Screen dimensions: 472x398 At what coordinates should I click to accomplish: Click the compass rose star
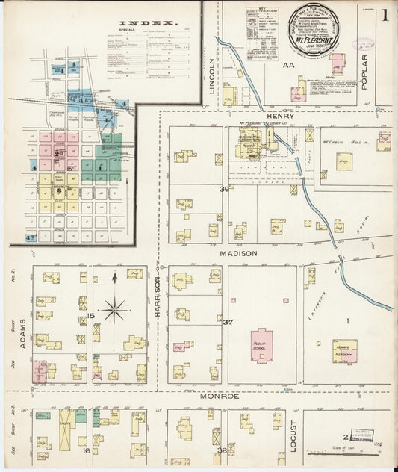[x=114, y=308]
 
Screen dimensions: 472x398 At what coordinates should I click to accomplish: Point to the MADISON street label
[x=238, y=253]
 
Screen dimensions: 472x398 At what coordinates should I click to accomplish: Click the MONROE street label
[x=219, y=396]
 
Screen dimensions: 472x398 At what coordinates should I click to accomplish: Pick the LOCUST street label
[x=293, y=435]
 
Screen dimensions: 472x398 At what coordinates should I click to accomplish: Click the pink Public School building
[x=261, y=346]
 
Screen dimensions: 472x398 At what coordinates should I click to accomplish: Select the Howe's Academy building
[x=344, y=351]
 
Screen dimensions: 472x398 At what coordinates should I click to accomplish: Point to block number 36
[x=223, y=189]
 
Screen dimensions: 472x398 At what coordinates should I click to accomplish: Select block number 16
[x=87, y=450]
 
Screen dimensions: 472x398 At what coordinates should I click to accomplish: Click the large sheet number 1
[x=384, y=15]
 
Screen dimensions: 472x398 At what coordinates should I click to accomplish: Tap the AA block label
[x=287, y=66]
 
